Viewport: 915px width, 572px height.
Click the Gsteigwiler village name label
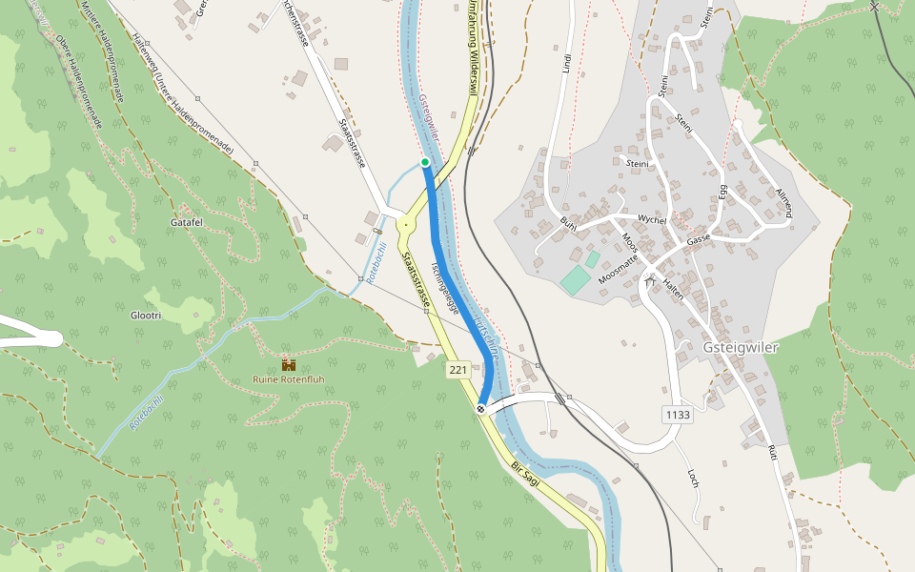click(x=741, y=347)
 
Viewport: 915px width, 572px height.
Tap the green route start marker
click(x=425, y=162)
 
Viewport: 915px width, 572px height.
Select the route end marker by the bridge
click(x=481, y=409)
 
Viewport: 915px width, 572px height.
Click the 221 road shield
click(x=458, y=369)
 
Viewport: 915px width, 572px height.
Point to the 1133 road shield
click(x=678, y=415)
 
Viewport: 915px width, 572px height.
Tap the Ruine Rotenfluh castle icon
click(x=288, y=364)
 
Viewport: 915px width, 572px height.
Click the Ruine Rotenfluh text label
click(x=288, y=379)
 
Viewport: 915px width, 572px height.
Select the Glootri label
click(x=146, y=315)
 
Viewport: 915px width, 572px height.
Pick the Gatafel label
click(x=187, y=222)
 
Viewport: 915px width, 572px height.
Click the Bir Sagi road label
click(x=525, y=474)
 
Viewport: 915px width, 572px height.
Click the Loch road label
click(x=694, y=478)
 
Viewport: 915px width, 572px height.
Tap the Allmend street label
click(x=783, y=200)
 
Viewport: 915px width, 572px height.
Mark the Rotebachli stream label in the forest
click(x=147, y=411)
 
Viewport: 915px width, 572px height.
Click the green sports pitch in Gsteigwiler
click(x=575, y=280)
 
